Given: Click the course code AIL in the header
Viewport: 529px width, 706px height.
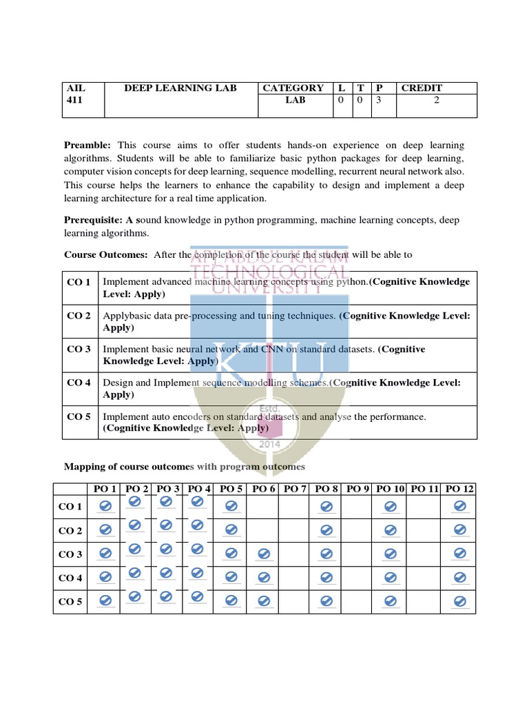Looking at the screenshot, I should coord(74,88).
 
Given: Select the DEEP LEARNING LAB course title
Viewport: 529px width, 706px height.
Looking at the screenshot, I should coord(180,88).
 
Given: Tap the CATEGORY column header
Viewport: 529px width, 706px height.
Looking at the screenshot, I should coord(293,88).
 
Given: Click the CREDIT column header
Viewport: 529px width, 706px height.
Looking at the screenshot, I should coord(422,88).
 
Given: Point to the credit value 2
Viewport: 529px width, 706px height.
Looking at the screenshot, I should coord(436,100).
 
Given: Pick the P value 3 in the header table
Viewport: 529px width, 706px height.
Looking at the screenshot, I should coord(379,100).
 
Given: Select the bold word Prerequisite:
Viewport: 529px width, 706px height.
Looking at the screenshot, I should coord(93,219).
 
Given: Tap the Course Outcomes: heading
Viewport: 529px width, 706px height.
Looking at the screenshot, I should coord(106,254).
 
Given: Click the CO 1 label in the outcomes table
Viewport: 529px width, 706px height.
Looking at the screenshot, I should coord(79,282).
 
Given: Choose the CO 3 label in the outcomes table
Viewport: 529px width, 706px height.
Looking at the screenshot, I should coord(79,349).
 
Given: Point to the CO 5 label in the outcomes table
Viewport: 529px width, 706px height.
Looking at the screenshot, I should coord(79,416).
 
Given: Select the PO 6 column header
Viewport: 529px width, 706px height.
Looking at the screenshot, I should coord(263,489).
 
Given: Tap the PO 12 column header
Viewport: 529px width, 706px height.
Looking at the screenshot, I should coord(459,489).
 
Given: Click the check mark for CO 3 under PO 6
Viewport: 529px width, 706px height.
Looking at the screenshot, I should coord(262,554).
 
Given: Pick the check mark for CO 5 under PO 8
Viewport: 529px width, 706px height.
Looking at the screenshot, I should coord(326,602).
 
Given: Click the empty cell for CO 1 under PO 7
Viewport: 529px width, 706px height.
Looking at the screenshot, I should coord(295,507).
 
